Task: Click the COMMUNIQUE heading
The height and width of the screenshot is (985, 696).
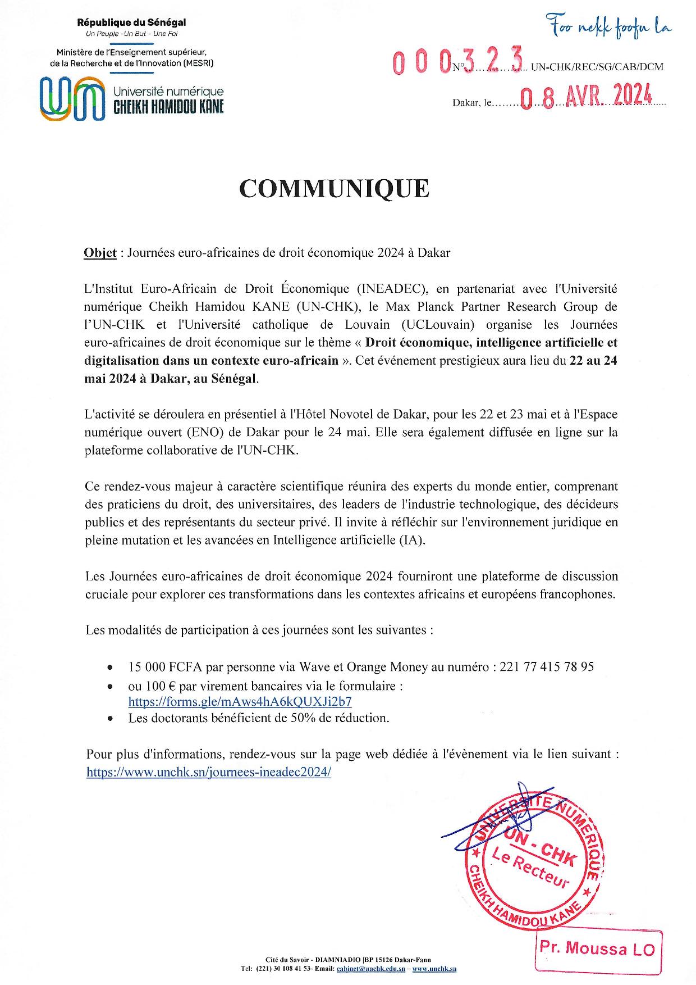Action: [x=335, y=189]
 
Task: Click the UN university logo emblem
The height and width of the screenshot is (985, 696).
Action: [x=73, y=99]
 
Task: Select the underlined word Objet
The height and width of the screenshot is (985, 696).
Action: [x=100, y=253]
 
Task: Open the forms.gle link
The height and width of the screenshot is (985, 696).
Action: [x=240, y=701]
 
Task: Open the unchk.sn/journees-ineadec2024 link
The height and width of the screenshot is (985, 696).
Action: [x=209, y=772]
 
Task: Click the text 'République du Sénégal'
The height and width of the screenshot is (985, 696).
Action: [x=131, y=23]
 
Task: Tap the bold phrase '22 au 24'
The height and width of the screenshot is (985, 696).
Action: [x=593, y=361]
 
